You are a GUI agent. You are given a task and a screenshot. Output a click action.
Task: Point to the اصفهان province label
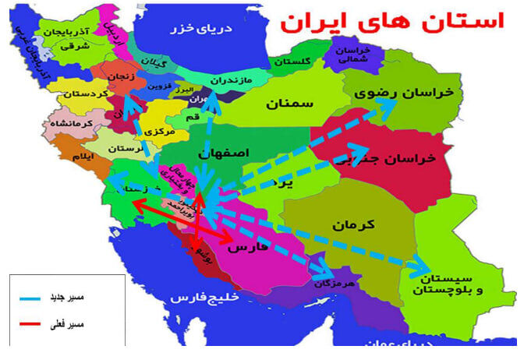[225, 154]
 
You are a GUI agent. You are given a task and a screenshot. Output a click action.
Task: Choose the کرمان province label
[355, 224]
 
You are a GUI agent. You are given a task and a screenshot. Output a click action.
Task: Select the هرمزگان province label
[336, 284]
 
